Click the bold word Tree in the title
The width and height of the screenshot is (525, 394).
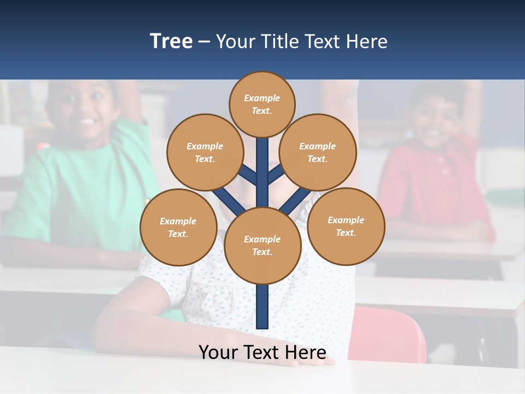click(x=171, y=42)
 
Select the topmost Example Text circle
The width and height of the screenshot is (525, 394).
click(x=262, y=104)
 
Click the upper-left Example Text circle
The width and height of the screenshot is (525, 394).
click(x=205, y=152)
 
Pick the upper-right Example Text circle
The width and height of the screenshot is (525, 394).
click(x=318, y=152)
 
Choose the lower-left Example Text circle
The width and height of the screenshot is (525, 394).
click(x=178, y=227)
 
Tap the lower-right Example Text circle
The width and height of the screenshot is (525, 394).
click(x=346, y=226)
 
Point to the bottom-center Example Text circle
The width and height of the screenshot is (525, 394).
click(x=262, y=245)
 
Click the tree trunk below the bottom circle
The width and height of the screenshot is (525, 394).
click(x=262, y=306)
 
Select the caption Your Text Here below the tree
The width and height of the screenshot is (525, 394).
click(x=262, y=352)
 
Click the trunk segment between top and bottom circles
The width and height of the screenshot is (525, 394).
click(x=262, y=175)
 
